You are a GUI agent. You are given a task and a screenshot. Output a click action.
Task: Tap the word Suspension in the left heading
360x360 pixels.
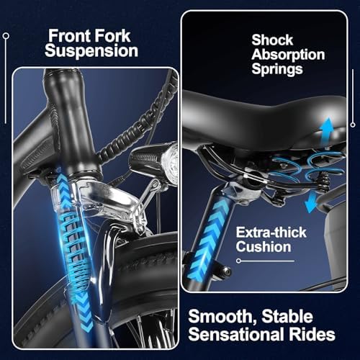coord(91,51)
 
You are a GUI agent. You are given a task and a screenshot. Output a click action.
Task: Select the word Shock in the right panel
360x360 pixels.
coord(272,40)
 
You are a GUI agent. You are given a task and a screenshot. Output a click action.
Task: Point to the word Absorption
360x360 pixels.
coord(288,55)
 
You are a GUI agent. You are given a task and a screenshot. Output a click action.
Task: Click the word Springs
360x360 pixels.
coord(277,69)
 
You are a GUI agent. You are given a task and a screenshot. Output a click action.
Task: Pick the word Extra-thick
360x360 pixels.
coord(271,233)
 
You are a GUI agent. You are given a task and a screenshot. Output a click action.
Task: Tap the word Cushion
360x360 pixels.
coord(264,247)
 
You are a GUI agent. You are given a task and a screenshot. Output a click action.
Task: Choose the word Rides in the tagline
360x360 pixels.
coord(312,334)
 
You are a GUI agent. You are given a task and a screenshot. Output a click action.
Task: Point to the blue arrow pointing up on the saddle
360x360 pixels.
coord(328,130)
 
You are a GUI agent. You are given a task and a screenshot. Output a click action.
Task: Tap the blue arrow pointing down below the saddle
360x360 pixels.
coord(311,203)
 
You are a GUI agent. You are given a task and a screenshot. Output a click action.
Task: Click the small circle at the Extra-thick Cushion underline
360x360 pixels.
coord(238,261)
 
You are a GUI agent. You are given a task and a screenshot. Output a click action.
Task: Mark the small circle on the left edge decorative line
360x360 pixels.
coord(6,36)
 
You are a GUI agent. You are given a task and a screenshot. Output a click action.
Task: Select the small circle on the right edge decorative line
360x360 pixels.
coord(353,125)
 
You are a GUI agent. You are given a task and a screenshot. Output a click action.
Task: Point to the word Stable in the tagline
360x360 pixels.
coord(287,317)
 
